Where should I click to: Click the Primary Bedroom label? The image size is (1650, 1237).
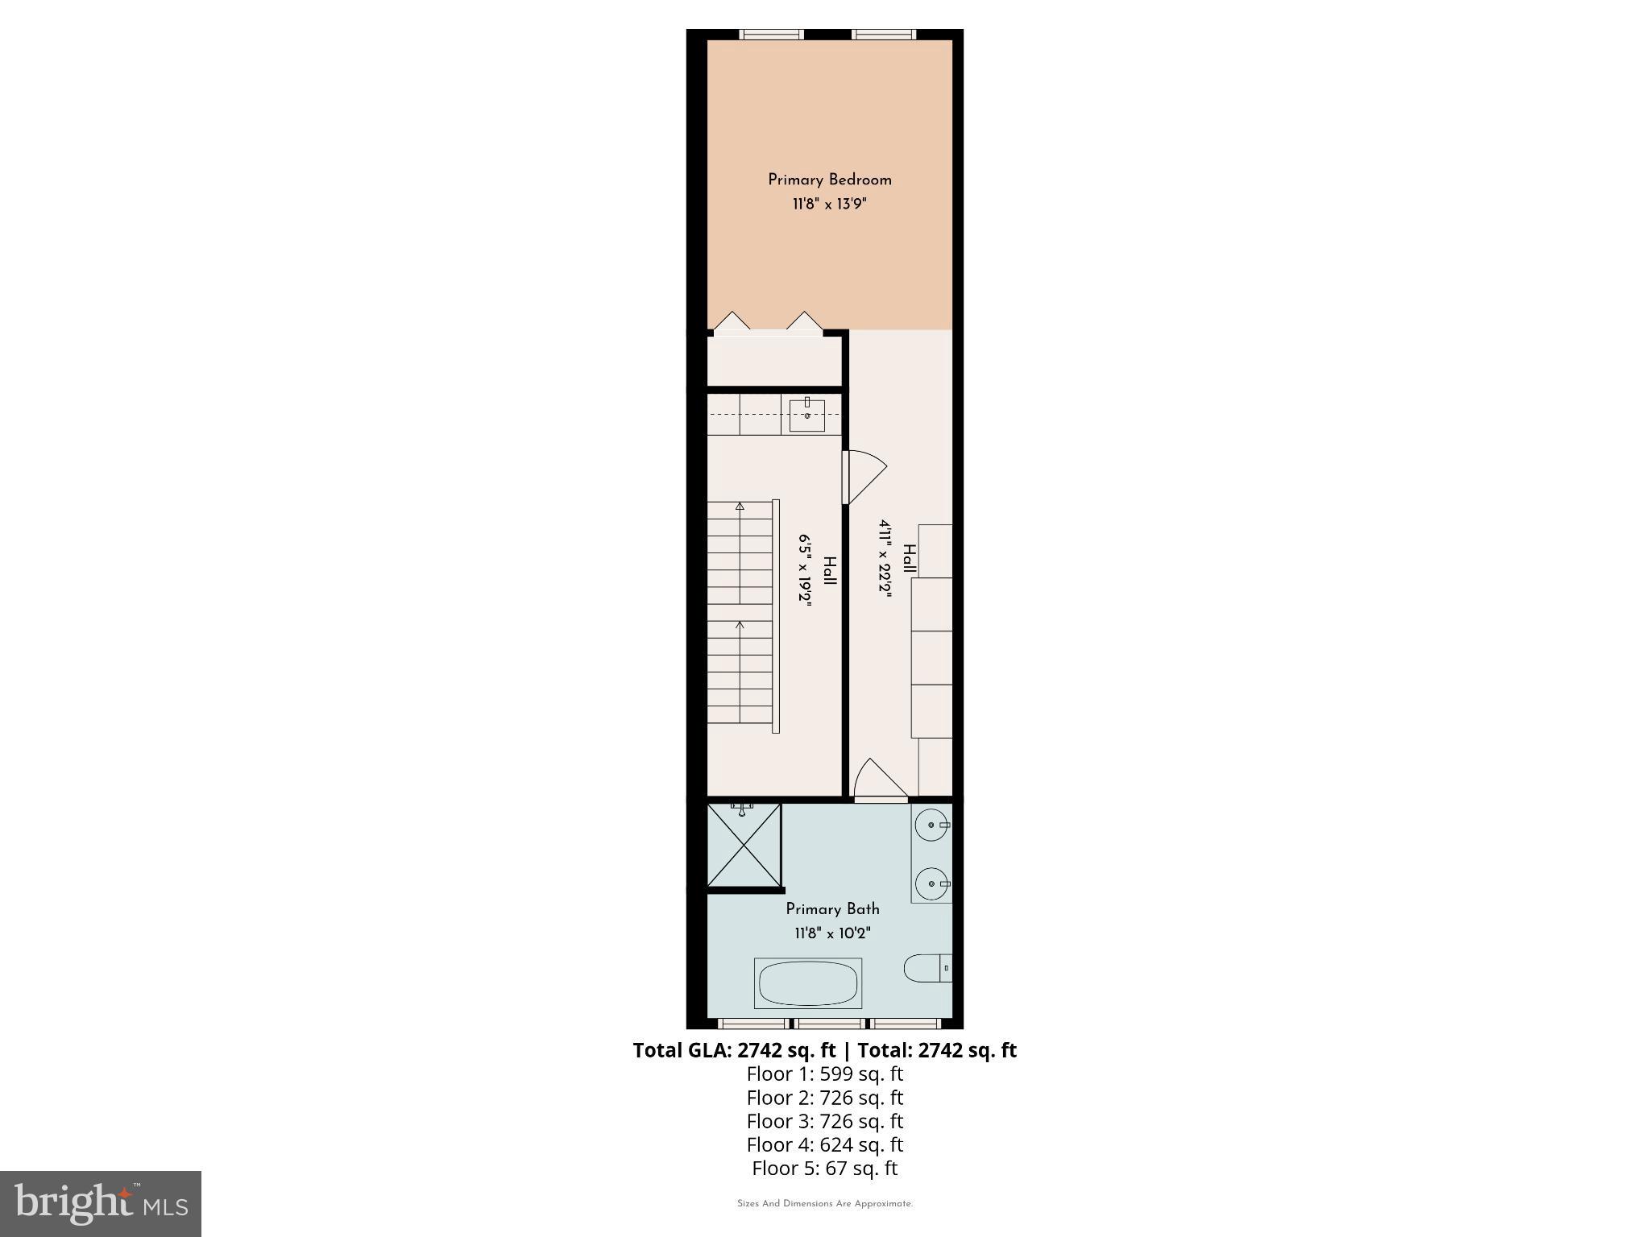pos(830,180)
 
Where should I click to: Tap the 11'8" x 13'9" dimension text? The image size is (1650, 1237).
pos(830,205)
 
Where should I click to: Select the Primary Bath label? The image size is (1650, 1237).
pos(832,909)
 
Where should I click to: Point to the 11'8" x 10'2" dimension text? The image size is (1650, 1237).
pos(832,933)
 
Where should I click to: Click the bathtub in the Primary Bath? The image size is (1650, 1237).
pos(808,983)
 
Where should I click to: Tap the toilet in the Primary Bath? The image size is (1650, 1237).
pos(927,967)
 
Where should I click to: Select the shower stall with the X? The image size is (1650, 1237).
pos(744,845)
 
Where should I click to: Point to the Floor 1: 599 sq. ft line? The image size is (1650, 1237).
pos(825,1074)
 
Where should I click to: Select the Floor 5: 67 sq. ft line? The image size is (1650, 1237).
pos(825,1168)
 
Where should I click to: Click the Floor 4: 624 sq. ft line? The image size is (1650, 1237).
pos(825,1144)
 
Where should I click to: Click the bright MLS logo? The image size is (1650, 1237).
pos(101,1203)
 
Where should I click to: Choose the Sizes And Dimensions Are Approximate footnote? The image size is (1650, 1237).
pos(825,1204)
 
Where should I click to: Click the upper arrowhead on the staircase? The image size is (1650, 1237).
pos(740,507)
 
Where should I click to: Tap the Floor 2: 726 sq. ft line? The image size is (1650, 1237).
pos(825,1098)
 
